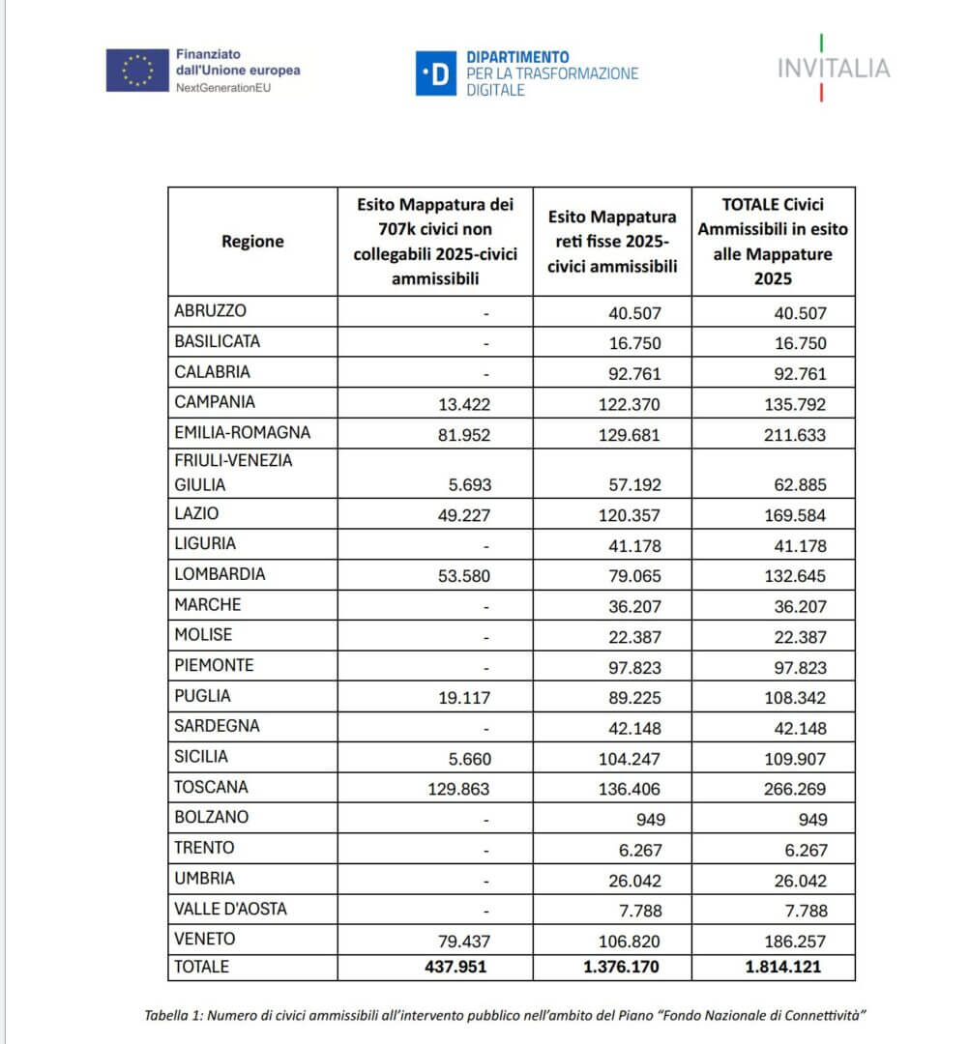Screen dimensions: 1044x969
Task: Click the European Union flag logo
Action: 136,70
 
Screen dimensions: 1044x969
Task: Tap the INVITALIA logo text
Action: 834,69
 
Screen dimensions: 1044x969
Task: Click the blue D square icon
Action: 435,73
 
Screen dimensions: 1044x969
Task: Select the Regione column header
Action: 252,241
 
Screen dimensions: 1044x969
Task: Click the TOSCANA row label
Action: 211,787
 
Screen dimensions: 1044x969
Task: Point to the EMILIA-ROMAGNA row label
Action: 242,432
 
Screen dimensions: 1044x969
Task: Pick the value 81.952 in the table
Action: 459,434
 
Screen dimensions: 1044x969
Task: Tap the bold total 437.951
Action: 453,967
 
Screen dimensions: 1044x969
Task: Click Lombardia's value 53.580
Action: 459,575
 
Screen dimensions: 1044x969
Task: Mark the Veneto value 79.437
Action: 459,940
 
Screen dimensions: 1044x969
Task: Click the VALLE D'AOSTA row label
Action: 230,909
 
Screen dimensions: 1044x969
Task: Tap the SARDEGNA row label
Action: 217,726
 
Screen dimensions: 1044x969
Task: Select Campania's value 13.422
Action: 459,403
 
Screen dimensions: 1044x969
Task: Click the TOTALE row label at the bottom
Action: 202,966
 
